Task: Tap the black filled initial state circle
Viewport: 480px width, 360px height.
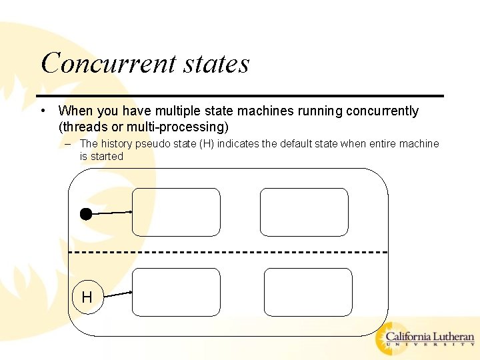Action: pos(85,214)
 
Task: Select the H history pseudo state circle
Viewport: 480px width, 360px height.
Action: pos(87,297)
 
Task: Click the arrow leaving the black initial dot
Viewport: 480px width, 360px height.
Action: pos(111,213)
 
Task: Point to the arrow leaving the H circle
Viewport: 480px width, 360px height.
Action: pos(119,293)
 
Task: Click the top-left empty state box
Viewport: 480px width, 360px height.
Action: pos(176,212)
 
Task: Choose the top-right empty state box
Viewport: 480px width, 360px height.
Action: pos(304,212)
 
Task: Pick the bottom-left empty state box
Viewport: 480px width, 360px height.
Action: pos(176,292)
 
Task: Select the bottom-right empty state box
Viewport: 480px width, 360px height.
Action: pos(308,292)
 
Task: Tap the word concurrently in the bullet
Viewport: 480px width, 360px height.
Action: pos(382,111)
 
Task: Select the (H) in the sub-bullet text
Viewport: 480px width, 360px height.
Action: pos(207,143)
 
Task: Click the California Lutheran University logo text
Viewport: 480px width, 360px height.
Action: pos(430,338)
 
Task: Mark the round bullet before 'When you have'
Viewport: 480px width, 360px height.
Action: pos(42,111)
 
